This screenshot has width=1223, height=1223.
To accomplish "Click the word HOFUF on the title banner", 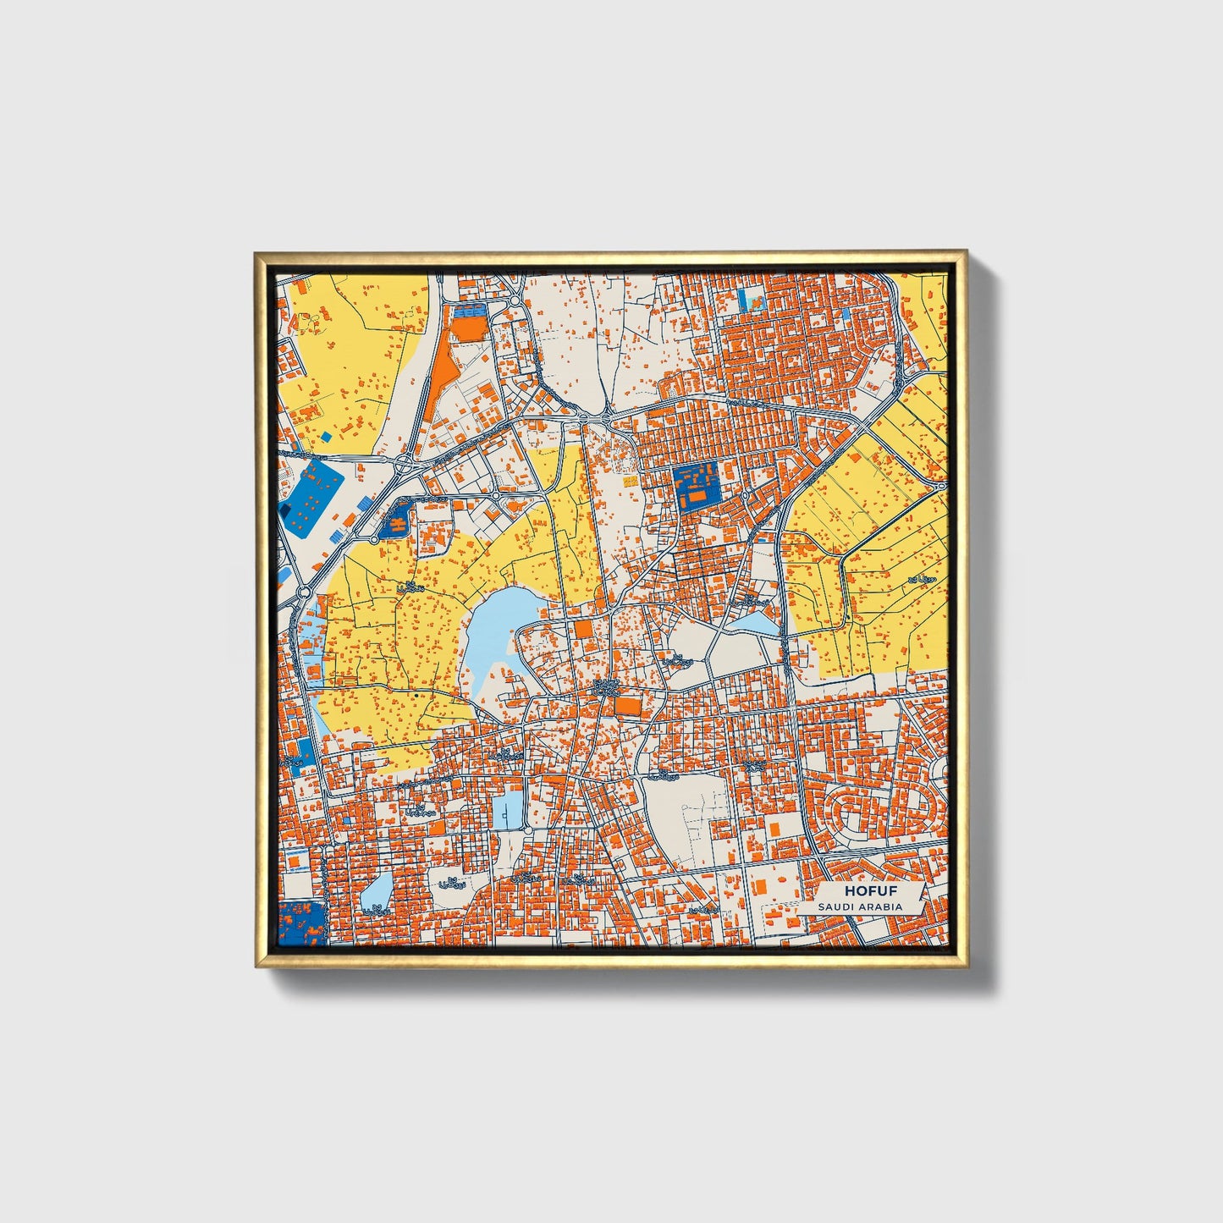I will coord(869,891).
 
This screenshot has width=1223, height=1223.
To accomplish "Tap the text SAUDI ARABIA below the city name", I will coord(859,906).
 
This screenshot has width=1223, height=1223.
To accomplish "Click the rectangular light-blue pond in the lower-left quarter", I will coord(509,810).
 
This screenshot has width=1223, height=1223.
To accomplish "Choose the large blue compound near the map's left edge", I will coord(310,500).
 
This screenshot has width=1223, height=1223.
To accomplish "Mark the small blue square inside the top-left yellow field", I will coord(325,438).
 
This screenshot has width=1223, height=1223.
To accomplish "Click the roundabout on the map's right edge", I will coord(941,487).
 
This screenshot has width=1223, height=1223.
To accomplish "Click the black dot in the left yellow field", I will coord(418,695).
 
